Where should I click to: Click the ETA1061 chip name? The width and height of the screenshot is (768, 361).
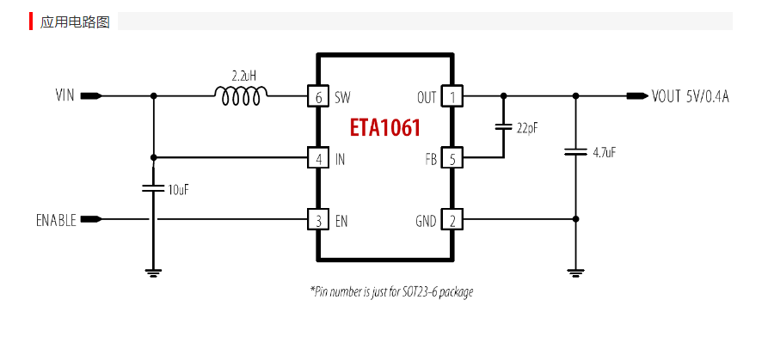pos(384,128)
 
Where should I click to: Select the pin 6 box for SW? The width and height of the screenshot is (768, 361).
pos(318,96)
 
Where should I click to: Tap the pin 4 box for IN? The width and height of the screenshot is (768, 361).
pos(318,158)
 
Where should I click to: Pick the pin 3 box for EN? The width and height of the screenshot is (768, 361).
pos(318,220)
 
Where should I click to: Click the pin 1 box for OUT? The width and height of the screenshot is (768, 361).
pos(452,96)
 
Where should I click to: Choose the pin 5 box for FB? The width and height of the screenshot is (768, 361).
pos(452,158)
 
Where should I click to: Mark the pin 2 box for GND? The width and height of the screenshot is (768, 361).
pos(452,220)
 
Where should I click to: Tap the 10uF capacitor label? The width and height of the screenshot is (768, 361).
pos(178,189)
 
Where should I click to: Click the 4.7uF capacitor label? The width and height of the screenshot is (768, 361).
pos(604,152)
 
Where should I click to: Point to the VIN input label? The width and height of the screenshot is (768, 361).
pos(65,96)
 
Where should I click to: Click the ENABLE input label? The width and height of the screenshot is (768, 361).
pos(56,220)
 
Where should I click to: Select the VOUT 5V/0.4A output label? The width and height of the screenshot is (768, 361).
pos(690,96)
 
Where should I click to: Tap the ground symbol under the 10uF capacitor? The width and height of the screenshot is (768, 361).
pos(153,272)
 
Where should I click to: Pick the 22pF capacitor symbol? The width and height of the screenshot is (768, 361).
pos(503,127)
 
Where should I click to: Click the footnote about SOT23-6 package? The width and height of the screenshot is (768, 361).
pos(391,292)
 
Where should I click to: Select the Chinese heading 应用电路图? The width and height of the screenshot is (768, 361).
pos(75,21)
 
